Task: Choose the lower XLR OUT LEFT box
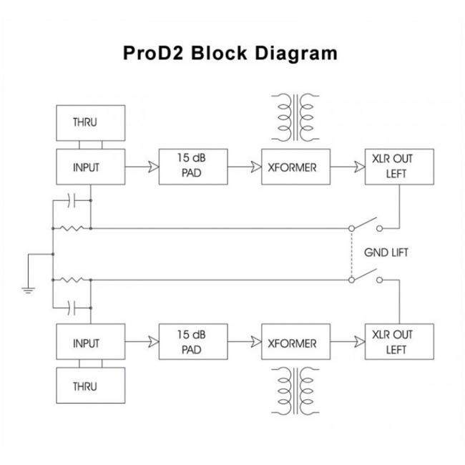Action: pos(398,343)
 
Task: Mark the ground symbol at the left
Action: pos(26,288)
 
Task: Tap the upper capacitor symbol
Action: pos(72,200)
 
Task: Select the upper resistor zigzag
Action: pos(72,228)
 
